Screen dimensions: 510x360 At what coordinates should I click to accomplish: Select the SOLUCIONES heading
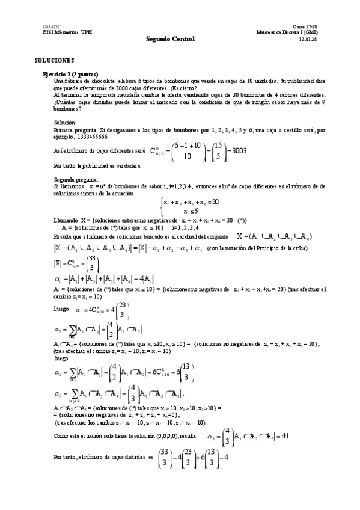[54, 61]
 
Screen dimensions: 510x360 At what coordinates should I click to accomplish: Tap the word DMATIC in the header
[51, 28]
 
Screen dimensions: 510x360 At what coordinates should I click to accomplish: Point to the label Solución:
[65, 121]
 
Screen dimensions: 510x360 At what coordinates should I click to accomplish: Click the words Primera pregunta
[75, 129]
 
